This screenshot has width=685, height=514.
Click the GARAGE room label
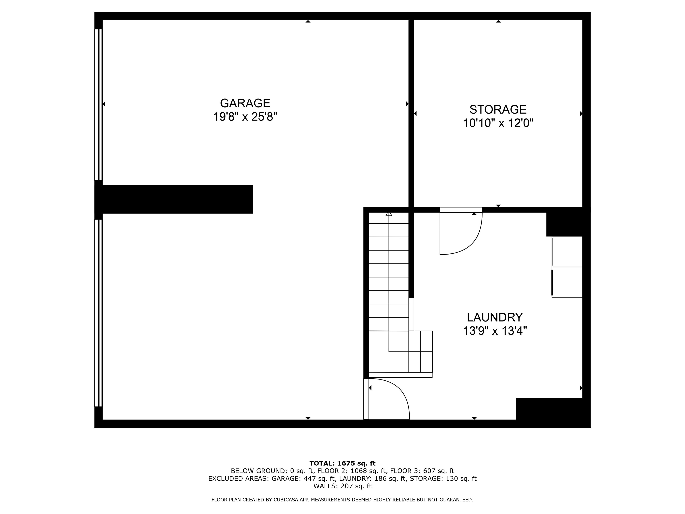click(245, 103)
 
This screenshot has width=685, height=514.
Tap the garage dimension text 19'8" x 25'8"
click(245, 117)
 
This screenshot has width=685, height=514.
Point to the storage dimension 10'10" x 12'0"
click(498, 123)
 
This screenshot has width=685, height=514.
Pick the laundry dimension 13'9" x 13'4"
click(495, 331)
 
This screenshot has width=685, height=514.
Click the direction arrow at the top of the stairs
click(389, 214)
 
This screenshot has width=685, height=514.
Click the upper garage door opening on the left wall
click(99, 105)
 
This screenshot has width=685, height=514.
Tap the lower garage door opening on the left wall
click(99, 313)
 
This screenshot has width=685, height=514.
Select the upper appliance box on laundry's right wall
click(567, 252)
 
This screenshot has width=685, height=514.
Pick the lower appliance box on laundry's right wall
click(567, 282)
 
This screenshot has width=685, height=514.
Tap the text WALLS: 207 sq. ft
click(342, 486)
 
